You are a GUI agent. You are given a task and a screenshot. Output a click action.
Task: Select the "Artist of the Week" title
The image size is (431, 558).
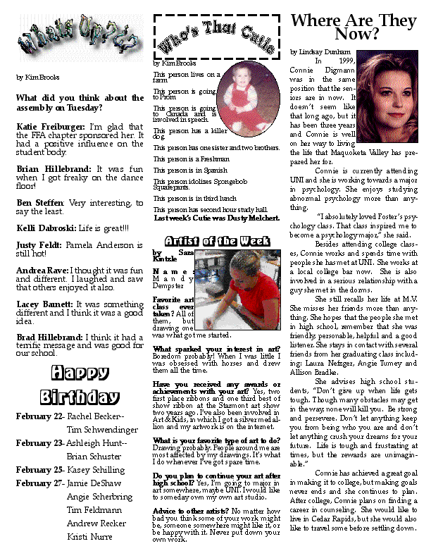(x=212, y=241)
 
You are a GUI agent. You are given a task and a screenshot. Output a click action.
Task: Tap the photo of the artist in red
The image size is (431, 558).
(x=239, y=285)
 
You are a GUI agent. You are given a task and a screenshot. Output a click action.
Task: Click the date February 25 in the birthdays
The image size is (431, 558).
(x=40, y=469)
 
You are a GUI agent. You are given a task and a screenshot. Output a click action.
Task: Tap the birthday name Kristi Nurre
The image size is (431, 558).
(x=90, y=537)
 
